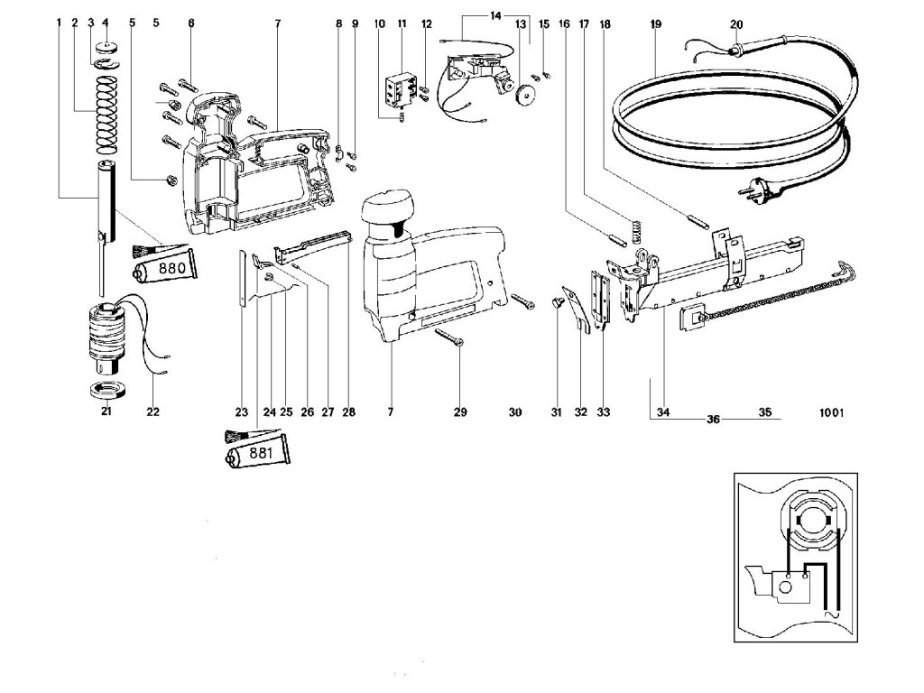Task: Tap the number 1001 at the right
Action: point(830,413)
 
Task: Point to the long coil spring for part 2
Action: point(107,115)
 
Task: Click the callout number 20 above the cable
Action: point(736,23)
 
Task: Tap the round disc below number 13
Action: point(522,93)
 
